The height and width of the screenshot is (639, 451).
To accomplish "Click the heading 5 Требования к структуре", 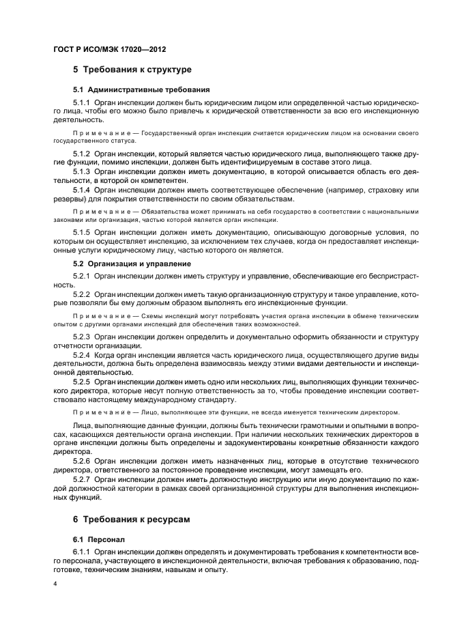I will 132,70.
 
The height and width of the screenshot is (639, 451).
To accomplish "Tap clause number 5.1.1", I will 83,102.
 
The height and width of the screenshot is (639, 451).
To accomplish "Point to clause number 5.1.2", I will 83,154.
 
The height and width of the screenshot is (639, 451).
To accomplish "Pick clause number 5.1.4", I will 83,189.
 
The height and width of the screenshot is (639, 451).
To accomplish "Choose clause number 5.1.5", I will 83,233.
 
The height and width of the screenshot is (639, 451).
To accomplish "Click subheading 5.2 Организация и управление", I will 132,263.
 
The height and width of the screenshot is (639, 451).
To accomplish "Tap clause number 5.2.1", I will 83,276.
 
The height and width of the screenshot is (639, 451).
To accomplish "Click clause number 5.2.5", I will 83,382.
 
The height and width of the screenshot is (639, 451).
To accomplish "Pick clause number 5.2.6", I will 83,461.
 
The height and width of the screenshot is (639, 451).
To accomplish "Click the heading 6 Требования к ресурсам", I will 132,520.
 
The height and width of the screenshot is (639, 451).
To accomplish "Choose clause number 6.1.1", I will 83,552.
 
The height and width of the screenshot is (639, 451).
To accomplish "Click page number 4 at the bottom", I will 55,584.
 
